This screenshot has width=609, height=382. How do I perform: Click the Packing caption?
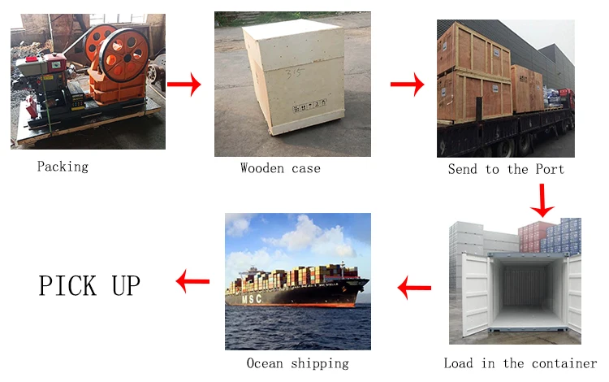click(63, 167)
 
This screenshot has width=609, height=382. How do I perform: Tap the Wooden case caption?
click(280, 168)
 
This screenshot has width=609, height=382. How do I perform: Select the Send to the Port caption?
click(506, 169)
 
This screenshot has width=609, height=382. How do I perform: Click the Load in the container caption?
click(520, 363)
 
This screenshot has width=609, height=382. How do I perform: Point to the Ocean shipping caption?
click(297, 363)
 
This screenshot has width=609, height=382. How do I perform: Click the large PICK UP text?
click(89, 285)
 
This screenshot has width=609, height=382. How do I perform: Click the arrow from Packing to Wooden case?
click(184, 84)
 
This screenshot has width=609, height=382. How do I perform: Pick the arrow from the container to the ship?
click(414, 286)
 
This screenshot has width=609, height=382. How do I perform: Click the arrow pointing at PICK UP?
click(192, 282)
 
